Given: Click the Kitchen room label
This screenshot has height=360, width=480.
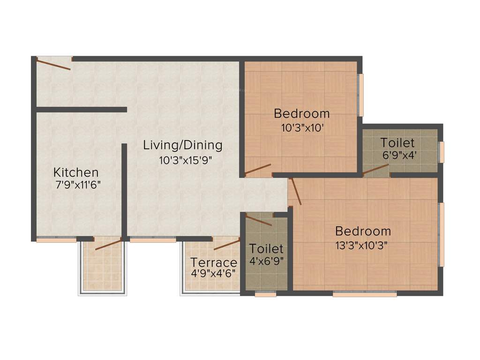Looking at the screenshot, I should pos(76,172).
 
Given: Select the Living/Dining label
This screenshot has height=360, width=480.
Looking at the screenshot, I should pos(182,145).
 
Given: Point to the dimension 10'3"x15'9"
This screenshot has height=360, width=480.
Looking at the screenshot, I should pos(186,160).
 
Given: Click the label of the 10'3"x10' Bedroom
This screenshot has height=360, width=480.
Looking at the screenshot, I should pos(301,113).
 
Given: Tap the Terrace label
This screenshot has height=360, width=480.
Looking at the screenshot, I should pos(213,262).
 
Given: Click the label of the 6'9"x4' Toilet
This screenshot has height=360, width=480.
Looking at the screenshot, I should pos(397,142).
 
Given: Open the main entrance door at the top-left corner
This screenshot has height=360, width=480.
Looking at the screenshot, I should pos(53,63).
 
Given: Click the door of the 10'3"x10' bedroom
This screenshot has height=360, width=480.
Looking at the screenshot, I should pos(258,170).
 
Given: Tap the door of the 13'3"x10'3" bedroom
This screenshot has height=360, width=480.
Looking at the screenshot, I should pos(295,191).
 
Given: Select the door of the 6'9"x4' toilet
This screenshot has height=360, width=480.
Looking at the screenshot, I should pos(375,170).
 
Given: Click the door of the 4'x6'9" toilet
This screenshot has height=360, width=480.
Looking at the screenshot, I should pos(259,220).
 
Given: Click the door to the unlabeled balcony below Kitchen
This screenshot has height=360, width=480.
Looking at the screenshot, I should pos(108,244).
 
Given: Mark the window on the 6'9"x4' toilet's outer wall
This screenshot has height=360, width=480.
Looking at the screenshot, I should pos(441,152).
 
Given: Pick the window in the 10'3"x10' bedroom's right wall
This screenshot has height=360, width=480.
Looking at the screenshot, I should pos(360,95).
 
